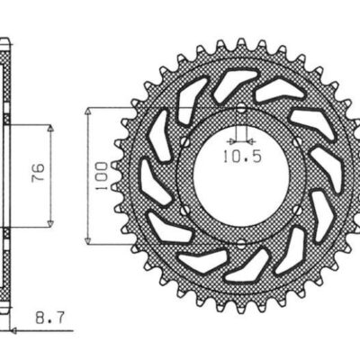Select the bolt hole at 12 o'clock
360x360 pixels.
pos(240,109)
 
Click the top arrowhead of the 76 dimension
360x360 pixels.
pos(50,128)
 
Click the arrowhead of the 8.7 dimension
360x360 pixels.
pos(15,329)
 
